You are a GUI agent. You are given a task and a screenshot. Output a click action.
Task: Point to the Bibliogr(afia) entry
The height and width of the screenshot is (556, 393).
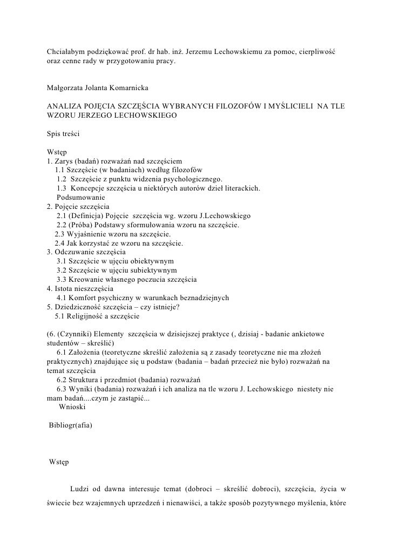[x=71, y=425]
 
